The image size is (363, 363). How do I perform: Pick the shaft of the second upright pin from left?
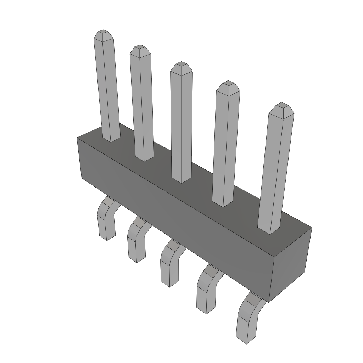143,106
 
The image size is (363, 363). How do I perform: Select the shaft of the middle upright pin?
181,124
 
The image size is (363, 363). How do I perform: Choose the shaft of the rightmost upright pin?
275,170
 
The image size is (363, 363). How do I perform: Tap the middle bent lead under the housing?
169,266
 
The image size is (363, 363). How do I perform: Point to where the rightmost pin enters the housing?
269,230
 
